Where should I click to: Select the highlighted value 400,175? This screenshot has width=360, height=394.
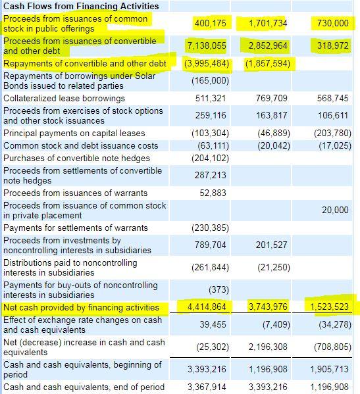[211, 24]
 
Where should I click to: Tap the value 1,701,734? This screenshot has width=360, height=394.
[268, 24]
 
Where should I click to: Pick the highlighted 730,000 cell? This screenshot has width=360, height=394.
[332, 24]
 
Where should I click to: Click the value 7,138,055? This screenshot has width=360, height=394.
[207, 45]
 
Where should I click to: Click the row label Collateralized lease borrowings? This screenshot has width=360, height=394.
[64, 98]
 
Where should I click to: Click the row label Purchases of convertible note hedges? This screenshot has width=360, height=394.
[76, 158]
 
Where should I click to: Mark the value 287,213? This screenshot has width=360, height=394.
[211, 176]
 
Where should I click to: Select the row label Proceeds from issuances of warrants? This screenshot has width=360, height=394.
[75, 193]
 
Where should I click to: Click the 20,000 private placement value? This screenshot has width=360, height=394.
[336, 210]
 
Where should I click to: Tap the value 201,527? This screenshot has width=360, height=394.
[271, 245]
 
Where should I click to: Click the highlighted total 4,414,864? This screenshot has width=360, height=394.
[207, 307]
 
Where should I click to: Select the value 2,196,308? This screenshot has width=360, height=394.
[268, 347]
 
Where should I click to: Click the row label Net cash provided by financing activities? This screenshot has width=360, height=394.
[82, 307]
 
